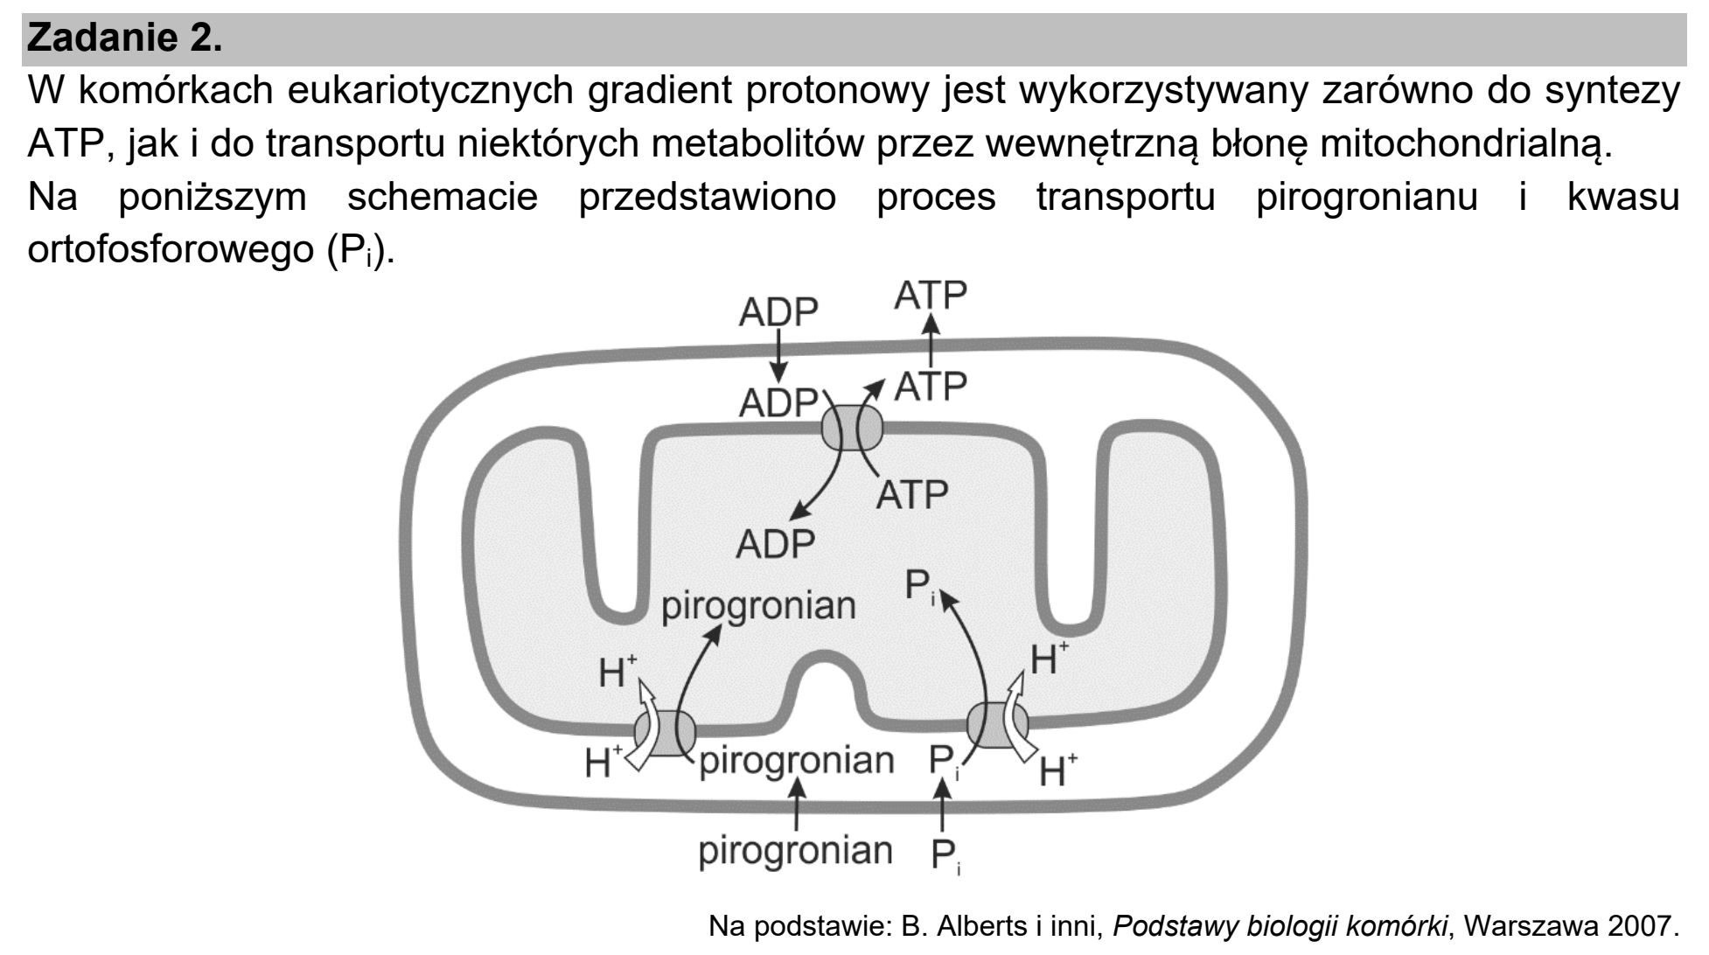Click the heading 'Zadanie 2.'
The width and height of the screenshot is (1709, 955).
(125, 38)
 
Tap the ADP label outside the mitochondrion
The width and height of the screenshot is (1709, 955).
(778, 313)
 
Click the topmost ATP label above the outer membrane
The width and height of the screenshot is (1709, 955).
(931, 296)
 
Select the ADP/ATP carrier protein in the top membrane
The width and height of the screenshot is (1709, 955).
(852, 428)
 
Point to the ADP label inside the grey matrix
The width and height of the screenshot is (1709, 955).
(775, 544)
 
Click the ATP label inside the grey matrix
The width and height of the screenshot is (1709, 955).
(912, 495)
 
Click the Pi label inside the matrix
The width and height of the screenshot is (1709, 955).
(919, 586)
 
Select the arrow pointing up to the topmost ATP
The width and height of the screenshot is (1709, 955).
(931, 339)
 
